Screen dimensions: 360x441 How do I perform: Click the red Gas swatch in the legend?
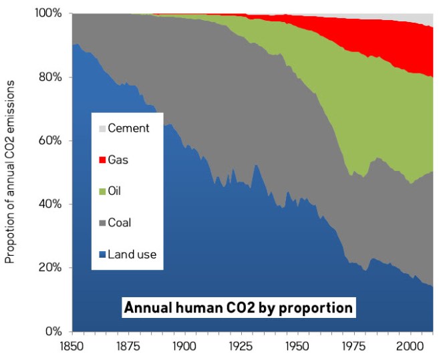pyautogui.click(x=102, y=160)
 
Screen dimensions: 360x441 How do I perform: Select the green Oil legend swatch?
pyautogui.click(x=102, y=191)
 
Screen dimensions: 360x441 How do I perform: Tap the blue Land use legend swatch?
pyautogui.click(x=102, y=254)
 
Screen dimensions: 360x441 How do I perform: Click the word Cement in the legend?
pyautogui.click(x=128, y=128)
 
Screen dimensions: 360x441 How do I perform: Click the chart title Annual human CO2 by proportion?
pyautogui.click(x=238, y=309)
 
